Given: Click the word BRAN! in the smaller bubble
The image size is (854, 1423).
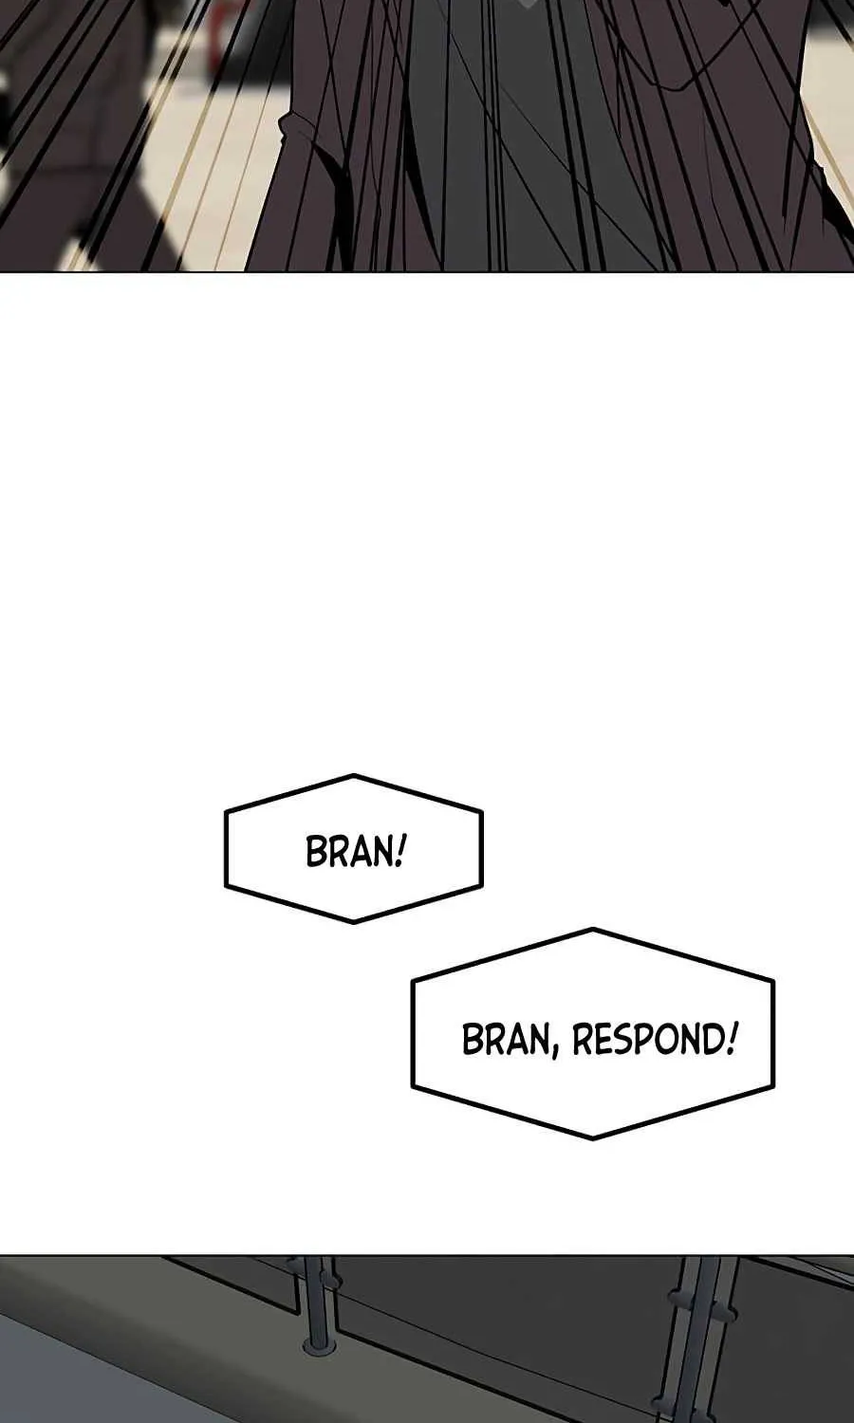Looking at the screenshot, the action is (x=355, y=851).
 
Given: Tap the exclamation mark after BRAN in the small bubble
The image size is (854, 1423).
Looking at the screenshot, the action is (x=399, y=851).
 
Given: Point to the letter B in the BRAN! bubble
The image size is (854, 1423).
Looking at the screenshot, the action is (x=317, y=852).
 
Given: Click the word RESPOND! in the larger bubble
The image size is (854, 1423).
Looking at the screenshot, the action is (x=655, y=1040).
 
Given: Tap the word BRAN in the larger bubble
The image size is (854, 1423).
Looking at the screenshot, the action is (x=505, y=1040).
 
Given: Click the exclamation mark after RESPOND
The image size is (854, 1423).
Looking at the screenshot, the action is (x=732, y=1039).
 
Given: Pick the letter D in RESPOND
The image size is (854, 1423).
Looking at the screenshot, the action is (x=713, y=1040).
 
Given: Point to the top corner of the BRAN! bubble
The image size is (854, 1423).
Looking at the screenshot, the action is (x=354, y=776).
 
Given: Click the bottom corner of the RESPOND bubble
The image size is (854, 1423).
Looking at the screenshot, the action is (x=593, y=1137).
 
